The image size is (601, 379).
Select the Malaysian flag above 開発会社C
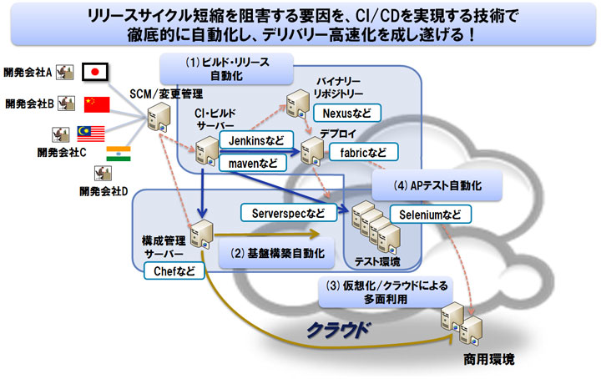click(x=89, y=134)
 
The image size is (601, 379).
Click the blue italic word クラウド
click(x=339, y=329)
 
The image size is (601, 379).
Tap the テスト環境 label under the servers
click(x=377, y=261)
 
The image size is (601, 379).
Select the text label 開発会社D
click(x=103, y=192)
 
